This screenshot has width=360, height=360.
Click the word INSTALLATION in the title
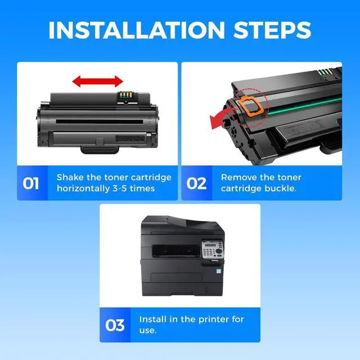137,30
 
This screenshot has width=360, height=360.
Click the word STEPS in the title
272,30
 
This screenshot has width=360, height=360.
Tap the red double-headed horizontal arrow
97,81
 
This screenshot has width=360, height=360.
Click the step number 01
30,183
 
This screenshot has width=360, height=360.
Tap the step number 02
196,183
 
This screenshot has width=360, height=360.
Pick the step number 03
115,325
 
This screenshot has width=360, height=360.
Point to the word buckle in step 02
280,188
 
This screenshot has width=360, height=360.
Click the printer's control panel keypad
213,249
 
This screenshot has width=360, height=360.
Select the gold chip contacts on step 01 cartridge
125,94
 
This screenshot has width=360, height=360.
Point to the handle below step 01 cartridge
100,150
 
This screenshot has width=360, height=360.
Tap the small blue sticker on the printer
219,271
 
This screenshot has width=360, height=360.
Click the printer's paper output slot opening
176,250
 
